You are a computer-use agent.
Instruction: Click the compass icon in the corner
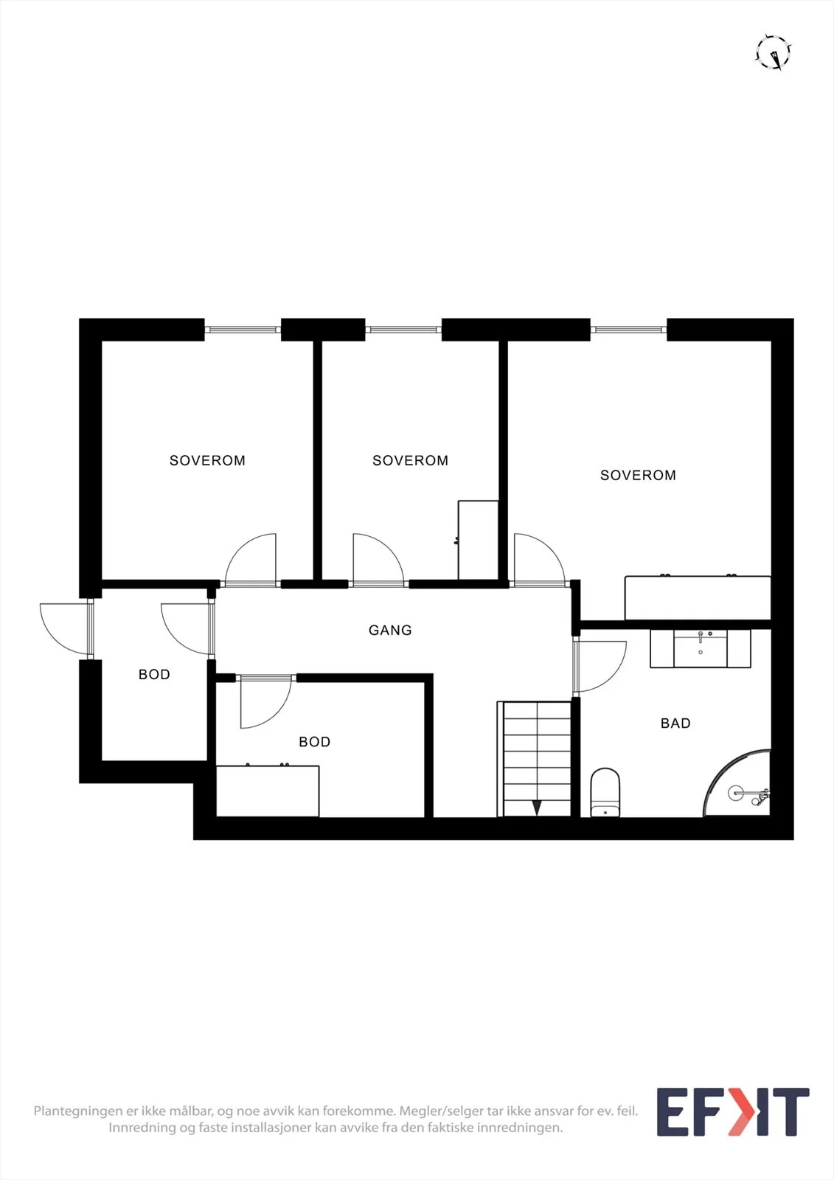pos(774,52)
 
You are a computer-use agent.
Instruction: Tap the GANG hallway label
pos(390,630)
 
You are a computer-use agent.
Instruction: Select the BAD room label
pos(675,723)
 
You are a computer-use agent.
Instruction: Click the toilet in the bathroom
pos(605,792)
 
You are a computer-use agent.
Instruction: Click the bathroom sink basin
pos(701,648)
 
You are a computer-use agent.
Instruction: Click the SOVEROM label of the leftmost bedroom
pos(207,460)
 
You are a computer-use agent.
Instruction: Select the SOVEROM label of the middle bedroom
pos(411,460)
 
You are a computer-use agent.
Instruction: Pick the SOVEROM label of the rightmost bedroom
pos(638,475)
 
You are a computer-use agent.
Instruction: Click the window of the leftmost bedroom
pos(243,330)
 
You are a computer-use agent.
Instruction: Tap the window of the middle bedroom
pos(403,330)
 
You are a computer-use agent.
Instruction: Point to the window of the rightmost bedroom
pos(628,330)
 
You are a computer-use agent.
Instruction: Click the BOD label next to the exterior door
pos(154,674)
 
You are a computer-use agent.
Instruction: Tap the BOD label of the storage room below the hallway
pos(315,742)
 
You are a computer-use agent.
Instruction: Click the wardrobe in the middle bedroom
pos(479,540)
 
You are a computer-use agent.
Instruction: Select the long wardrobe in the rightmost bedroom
pos(698,598)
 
